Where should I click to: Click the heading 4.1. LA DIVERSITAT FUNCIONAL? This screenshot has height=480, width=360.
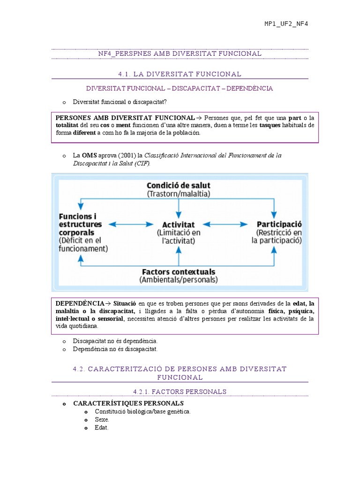180,74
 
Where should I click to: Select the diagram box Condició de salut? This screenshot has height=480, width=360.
179,189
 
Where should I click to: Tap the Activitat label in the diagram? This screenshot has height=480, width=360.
179,225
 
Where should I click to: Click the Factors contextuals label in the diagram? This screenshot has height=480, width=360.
179,271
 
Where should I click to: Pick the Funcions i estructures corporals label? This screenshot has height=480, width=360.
78,224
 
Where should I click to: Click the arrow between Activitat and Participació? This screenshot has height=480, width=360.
226,225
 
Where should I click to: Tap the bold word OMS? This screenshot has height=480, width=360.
89,155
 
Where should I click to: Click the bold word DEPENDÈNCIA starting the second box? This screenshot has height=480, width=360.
80,304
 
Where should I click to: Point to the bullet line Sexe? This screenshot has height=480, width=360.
102,420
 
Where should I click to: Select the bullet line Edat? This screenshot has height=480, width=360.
101,427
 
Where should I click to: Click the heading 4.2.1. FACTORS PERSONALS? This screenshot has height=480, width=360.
180,391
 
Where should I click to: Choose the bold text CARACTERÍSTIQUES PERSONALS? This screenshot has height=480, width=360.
128,403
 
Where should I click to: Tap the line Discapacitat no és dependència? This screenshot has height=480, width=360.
115,341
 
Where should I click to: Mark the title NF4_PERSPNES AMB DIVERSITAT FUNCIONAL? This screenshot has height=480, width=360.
180,53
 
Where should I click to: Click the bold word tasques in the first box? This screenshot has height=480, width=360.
270,125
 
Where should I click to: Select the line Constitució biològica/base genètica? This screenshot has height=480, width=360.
142,412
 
